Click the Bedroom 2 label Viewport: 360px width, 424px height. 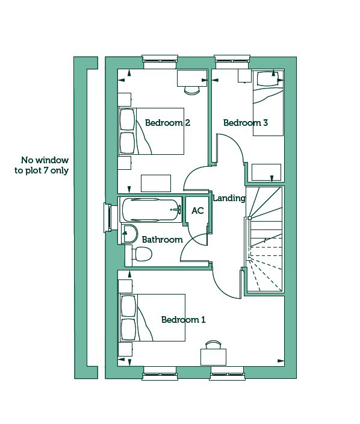pyautogui.click(x=167, y=123)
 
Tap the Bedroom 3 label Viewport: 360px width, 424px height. pyautogui.click(x=246, y=123)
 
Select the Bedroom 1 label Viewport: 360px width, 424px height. pyautogui.click(x=183, y=320)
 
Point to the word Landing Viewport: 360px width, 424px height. pyautogui.click(x=229, y=198)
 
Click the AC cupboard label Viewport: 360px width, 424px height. pyautogui.click(x=197, y=211)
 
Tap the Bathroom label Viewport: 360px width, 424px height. pyautogui.click(x=162, y=240)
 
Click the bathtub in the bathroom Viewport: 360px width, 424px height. pyautogui.click(x=152, y=210)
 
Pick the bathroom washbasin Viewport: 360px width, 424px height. pyautogui.click(x=129, y=234)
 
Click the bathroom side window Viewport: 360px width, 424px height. pyautogui.click(x=107, y=217)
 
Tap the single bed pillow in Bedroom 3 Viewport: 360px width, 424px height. pyautogui.click(x=267, y=79)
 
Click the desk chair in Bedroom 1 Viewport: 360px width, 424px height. pyautogui.click(x=213, y=344)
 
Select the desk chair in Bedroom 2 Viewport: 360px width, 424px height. pyautogui.click(x=192, y=90)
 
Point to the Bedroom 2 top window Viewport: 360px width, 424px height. pyautogui.click(x=160, y=62)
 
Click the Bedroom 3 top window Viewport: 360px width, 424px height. pyautogui.click(x=232, y=62)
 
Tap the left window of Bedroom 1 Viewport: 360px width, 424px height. pyautogui.click(x=160, y=373)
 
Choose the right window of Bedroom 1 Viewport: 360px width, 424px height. pyautogui.click(x=228, y=373)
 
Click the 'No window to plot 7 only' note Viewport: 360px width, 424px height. pyautogui.click(x=42, y=165)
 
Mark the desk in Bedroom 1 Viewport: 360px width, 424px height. pyautogui.click(x=213, y=357)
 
